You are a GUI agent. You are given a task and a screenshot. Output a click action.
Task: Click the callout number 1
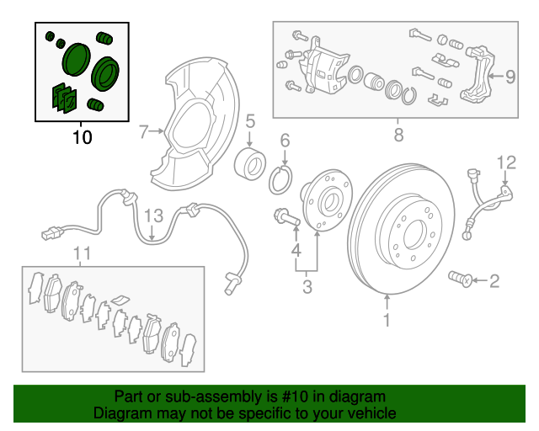[387, 320]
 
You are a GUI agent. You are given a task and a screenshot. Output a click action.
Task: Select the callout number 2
[494, 279]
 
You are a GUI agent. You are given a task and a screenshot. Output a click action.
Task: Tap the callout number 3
[307, 288]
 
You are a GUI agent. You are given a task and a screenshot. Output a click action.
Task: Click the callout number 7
[144, 131]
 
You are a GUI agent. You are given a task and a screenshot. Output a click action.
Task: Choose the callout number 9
[510, 77]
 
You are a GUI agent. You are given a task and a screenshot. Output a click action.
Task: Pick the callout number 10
[82, 136]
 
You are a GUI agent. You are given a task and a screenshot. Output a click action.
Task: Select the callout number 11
[81, 253]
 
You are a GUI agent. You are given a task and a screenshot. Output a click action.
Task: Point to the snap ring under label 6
[282, 178]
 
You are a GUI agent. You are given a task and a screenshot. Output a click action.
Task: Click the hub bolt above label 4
[286, 218]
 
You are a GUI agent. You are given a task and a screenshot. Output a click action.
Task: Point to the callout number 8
[398, 133]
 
